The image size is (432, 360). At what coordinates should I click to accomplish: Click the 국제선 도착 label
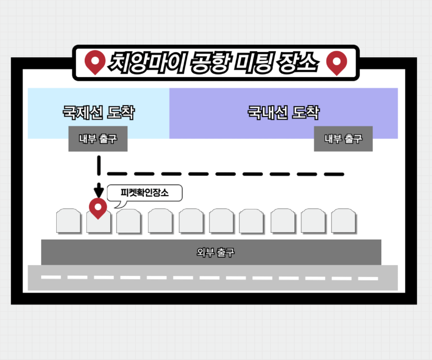point(98,113)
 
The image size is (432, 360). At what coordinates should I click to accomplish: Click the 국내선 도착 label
point(283,113)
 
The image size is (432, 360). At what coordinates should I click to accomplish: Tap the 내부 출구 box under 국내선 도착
point(343,139)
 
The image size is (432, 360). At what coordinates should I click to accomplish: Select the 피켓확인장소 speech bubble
point(145,193)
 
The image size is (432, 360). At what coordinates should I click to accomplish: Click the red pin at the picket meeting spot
point(98,208)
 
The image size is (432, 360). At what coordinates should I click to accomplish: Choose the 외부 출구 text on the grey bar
point(215,253)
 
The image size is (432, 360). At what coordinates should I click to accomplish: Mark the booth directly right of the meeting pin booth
point(129,221)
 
